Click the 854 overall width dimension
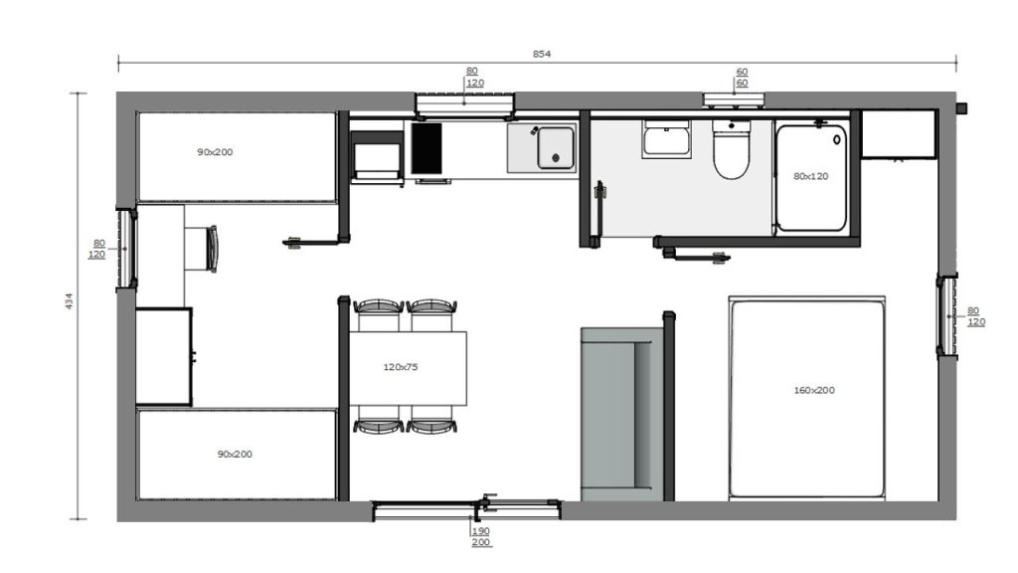coord(542,54)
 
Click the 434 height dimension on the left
coord(69,300)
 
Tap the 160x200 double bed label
coord(814,390)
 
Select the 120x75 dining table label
coord(400,367)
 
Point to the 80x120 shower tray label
coord(811,176)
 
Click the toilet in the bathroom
coord(731,148)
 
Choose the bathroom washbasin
coord(666,137)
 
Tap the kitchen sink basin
coord(556,148)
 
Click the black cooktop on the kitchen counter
coord(426,148)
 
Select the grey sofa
coord(621,414)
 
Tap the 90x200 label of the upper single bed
coord(215,152)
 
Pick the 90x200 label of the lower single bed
coord(235,454)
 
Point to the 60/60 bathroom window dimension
coord(742,78)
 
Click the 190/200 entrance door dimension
coord(481,536)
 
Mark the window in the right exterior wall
coord(946,315)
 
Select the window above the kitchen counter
coord(465,105)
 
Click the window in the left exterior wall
coord(126,248)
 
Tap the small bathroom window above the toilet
coord(734,100)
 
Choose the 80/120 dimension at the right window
coord(976,316)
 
